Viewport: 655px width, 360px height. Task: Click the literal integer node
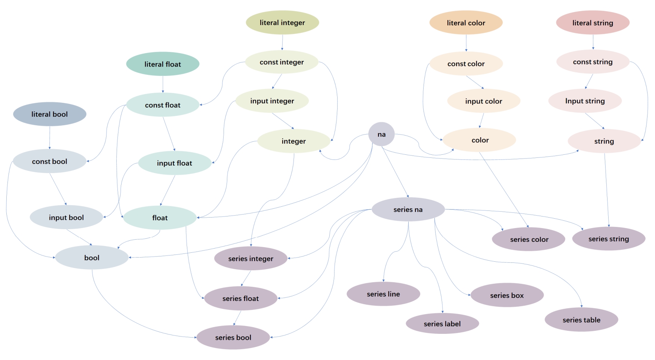pos(282,22)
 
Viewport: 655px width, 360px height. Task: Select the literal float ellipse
pos(163,64)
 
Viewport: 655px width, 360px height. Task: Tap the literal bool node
pos(50,114)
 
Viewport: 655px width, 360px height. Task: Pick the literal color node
pos(466,23)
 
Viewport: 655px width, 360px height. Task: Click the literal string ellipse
pos(593,23)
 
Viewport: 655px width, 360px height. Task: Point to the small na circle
pos(381,134)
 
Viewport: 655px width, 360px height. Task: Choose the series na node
pos(408,209)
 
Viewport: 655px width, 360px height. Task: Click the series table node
pos(581,320)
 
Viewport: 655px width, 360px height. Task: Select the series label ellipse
pos(442,324)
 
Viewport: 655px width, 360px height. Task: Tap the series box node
pos(507,295)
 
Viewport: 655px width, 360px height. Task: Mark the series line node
pos(383,294)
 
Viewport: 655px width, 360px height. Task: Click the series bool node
pos(233,337)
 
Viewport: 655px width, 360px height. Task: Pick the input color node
pos(483,101)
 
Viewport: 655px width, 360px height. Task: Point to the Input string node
pos(585,101)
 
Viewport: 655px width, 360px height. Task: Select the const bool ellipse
pos(50,161)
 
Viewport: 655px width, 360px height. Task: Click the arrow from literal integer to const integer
pos(282,42)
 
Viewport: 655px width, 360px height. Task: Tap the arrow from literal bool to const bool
pos(50,138)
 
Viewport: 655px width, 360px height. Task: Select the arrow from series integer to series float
pos(246,278)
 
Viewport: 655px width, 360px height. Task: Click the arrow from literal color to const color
pos(466,43)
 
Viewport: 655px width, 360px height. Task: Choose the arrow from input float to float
pos(168,190)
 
